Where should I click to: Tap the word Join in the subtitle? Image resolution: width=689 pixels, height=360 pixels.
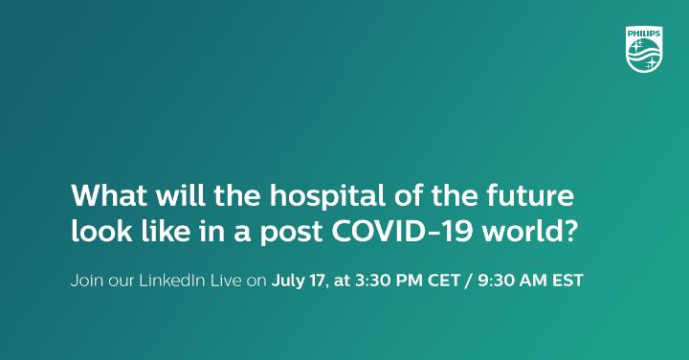84,281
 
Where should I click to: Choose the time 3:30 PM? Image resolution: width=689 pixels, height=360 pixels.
388,281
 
